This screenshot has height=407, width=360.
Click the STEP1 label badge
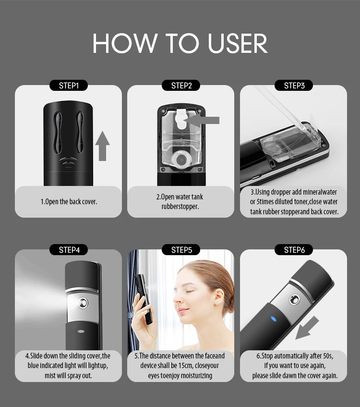(69, 86)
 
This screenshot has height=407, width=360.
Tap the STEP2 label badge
(181, 86)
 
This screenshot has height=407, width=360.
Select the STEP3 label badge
(294, 86)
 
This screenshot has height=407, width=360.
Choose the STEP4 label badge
(69, 250)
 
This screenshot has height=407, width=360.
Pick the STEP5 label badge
(181, 250)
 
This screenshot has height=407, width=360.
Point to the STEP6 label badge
(294, 250)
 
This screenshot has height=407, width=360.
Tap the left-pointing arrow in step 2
(205, 120)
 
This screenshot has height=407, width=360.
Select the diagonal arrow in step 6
(308, 327)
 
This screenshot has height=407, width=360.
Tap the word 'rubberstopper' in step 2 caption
(180, 206)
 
